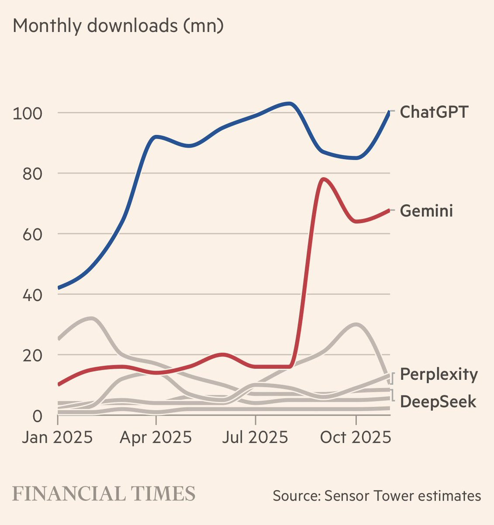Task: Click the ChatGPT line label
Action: (x=434, y=112)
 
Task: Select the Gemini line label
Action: (x=426, y=211)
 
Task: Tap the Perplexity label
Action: (x=439, y=374)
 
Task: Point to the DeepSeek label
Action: (x=438, y=401)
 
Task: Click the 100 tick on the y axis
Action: (x=28, y=113)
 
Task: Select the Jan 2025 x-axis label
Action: (x=57, y=437)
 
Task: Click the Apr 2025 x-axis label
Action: (x=156, y=437)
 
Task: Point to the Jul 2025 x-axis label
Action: (x=255, y=437)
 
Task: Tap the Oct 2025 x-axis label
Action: (x=355, y=437)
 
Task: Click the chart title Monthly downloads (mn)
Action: (x=118, y=26)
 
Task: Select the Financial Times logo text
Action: (x=104, y=493)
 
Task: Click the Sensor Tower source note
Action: (x=377, y=496)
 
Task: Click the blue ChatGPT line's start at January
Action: (x=59, y=288)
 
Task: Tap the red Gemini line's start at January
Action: (x=59, y=385)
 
